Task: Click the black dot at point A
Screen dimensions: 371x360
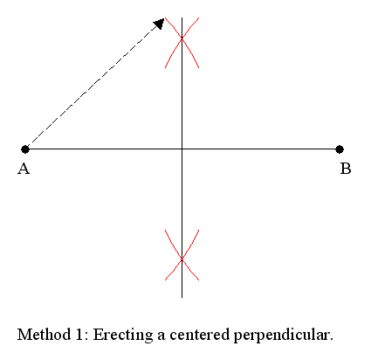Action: [x=25, y=149]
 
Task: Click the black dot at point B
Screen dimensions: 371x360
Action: [x=340, y=149]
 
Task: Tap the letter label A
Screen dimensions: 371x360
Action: [x=24, y=169]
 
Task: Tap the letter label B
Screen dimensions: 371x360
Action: [x=346, y=169]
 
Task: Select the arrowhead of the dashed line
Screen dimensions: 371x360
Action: [x=160, y=24]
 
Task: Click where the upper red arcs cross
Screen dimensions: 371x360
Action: [x=182, y=38]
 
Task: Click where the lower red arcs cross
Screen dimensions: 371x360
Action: [x=182, y=259]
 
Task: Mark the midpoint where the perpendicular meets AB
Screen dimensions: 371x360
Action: [x=182, y=149]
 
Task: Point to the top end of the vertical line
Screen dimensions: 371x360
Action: [x=182, y=17]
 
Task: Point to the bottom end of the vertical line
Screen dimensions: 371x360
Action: [x=182, y=297]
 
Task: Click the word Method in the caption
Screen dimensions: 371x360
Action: [x=45, y=335]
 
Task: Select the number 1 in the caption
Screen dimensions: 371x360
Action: [x=79, y=335]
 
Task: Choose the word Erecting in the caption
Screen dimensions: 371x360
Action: [x=123, y=336]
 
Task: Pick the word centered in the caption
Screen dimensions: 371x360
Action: [x=200, y=335]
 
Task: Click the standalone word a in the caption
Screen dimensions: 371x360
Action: [x=161, y=336]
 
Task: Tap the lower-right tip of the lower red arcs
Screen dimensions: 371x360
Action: [x=199, y=280]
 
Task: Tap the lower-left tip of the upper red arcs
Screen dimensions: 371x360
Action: [x=165, y=68]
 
